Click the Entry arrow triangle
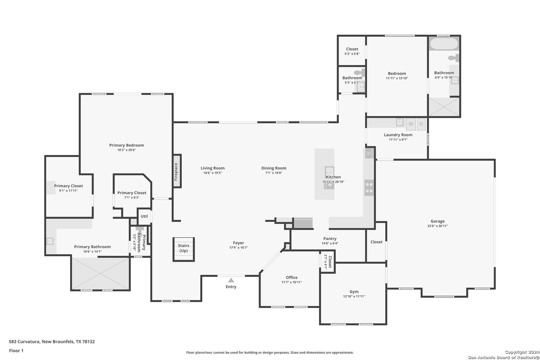click(x=231, y=280)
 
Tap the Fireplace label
click(x=176, y=172)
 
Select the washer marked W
click(x=411, y=124)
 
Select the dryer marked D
click(x=421, y=124)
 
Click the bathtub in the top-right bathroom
click(x=444, y=44)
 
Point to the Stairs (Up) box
click(x=183, y=249)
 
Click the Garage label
click(x=438, y=221)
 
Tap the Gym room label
click(x=354, y=292)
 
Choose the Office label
click(x=291, y=278)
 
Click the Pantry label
click(x=330, y=239)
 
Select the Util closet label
click(x=144, y=216)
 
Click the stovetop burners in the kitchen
click(x=369, y=188)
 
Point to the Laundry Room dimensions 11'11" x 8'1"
click(x=398, y=140)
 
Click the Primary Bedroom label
click(x=127, y=145)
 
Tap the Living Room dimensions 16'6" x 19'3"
click(x=213, y=173)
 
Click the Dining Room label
click(x=274, y=168)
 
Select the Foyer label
click(x=238, y=243)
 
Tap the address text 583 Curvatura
click(x=25, y=342)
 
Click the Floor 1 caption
click(x=16, y=351)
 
